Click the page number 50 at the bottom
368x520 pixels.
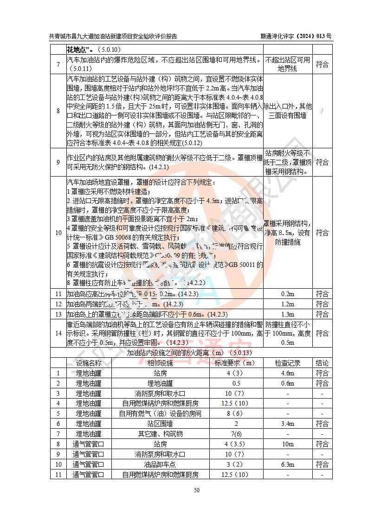coord(197,490)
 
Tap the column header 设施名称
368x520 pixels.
coord(89,363)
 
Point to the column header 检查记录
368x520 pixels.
coord(288,363)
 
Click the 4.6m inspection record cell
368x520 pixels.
coord(288,373)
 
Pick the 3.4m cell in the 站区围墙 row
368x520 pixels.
coord(288,424)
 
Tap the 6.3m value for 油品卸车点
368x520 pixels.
coord(288,464)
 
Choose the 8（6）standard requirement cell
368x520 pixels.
coord(235,413)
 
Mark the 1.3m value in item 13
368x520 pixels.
coord(288,314)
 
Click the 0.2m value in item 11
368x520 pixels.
coord(288,294)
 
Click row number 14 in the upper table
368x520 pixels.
coord(58,333)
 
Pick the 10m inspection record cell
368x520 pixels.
coord(288,444)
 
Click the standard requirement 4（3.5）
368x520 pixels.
coord(235,444)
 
